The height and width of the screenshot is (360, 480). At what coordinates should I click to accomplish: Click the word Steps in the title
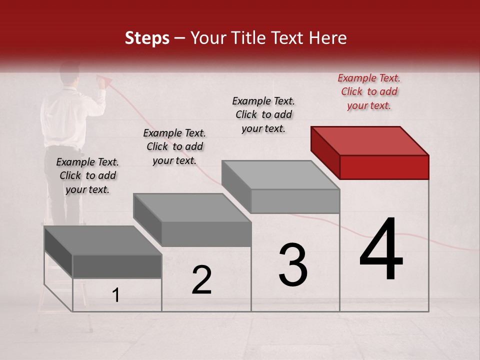147,38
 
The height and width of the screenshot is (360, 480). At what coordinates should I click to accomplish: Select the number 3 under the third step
292,265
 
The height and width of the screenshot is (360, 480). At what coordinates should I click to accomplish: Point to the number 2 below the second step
201,280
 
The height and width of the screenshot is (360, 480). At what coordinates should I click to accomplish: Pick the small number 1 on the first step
116,295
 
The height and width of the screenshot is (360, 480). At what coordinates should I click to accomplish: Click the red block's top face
369,140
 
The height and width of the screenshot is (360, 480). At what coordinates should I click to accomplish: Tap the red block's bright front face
384,167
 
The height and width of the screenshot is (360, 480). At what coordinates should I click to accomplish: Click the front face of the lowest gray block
117,266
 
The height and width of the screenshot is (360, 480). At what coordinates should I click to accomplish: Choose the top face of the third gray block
280,175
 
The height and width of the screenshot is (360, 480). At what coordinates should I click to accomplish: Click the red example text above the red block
369,91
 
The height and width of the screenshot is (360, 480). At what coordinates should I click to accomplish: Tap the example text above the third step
263,114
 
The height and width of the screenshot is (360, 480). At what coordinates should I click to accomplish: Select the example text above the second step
174,146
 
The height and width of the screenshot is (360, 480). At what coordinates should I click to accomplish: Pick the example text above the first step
87,175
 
